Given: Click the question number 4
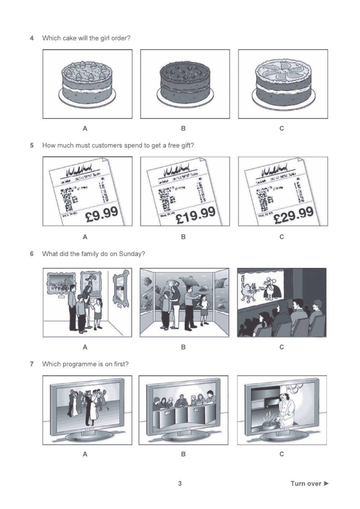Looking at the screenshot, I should [32, 38].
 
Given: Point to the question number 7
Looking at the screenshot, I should [32, 364].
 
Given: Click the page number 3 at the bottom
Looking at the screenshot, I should [180, 483].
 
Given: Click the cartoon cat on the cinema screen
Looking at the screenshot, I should [251, 291].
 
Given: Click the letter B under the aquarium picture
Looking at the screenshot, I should [183, 347].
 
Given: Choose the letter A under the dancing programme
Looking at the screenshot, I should [85, 454].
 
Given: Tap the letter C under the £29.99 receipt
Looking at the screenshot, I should [282, 237].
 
